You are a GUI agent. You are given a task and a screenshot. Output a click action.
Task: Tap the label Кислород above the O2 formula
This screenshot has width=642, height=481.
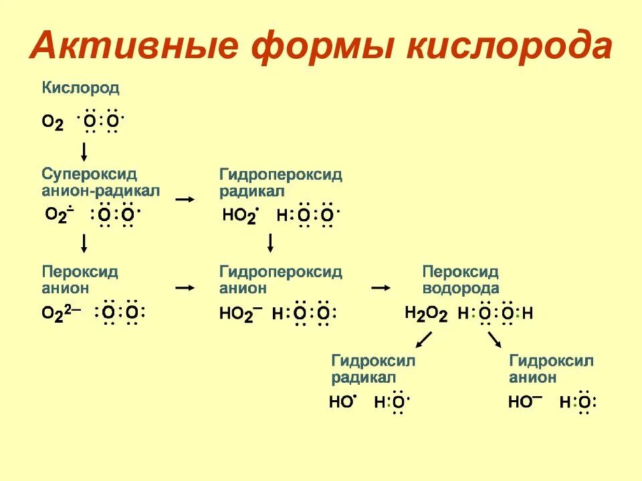(x=81, y=87)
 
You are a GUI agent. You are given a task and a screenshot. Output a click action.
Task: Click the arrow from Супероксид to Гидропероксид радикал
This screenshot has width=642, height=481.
(x=185, y=199)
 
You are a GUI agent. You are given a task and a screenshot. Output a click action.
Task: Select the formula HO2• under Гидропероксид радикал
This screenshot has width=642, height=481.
(x=239, y=216)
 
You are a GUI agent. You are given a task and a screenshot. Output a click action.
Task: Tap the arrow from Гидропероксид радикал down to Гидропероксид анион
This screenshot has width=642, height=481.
(x=271, y=243)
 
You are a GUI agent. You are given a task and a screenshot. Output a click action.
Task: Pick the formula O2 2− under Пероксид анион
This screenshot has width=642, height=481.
(x=62, y=313)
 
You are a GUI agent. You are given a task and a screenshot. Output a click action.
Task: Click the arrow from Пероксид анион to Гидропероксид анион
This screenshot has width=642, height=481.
(x=185, y=288)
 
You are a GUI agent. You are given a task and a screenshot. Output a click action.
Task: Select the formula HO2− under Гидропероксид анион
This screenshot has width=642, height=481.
(x=241, y=314)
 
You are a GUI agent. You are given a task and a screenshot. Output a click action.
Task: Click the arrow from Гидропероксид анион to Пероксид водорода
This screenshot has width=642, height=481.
(x=381, y=288)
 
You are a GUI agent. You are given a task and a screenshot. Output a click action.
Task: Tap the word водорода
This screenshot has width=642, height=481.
(x=461, y=289)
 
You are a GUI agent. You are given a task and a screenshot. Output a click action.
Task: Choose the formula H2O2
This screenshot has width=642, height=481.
(x=426, y=313)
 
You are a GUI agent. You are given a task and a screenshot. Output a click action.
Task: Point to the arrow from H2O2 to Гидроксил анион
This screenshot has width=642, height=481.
(x=494, y=340)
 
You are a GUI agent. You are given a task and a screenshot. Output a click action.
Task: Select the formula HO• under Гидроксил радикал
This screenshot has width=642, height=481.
(x=344, y=402)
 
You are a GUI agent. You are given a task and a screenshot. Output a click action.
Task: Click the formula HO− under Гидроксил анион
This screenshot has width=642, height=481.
(x=525, y=402)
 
